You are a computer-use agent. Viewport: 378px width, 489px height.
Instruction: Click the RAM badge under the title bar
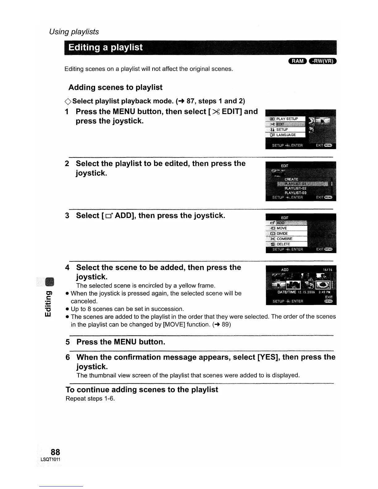pyautogui.click(x=297, y=61)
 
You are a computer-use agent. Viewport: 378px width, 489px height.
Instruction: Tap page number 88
pyautogui.click(x=55, y=452)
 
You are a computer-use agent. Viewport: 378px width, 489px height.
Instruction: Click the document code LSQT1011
pyautogui.click(x=50, y=460)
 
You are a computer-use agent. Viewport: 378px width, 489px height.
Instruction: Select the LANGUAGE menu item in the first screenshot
pyautogui.click(x=286, y=135)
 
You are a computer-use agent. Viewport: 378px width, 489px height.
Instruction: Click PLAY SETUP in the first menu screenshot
pyautogui.click(x=287, y=119)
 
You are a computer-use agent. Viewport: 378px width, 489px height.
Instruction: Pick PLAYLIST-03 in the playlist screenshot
pyautogui.click(x=295, y=193)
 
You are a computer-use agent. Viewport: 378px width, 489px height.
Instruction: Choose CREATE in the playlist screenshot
pyautogui.click(x=291, y=179)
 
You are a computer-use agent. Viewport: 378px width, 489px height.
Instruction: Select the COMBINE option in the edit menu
pyautogui.click(x=284, y=239)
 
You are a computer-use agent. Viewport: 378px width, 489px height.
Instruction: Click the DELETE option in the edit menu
pyautogui.click(x=283, y=244)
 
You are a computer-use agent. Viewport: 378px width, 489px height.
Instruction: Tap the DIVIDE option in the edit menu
pyautogui.click(x=282, y=233)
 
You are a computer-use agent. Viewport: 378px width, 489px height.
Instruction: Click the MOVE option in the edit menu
pyautogui.click(x=281, y=228)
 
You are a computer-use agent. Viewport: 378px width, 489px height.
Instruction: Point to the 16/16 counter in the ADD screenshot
pyautogui.click(x=327, y=270)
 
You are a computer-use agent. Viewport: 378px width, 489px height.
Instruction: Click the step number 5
pyautogui.click(x=68, y=342)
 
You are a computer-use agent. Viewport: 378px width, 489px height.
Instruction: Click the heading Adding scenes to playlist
pyautogui.click(x=115, y=87)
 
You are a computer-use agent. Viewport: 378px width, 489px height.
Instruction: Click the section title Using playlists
pyautogui.click(x=74, y=32)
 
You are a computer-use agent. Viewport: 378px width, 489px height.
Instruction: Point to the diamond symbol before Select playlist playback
pyautogui.click(x=68, y=101)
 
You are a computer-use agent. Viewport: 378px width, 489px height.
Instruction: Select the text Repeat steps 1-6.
pyautogui.click(x=90, y=399)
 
